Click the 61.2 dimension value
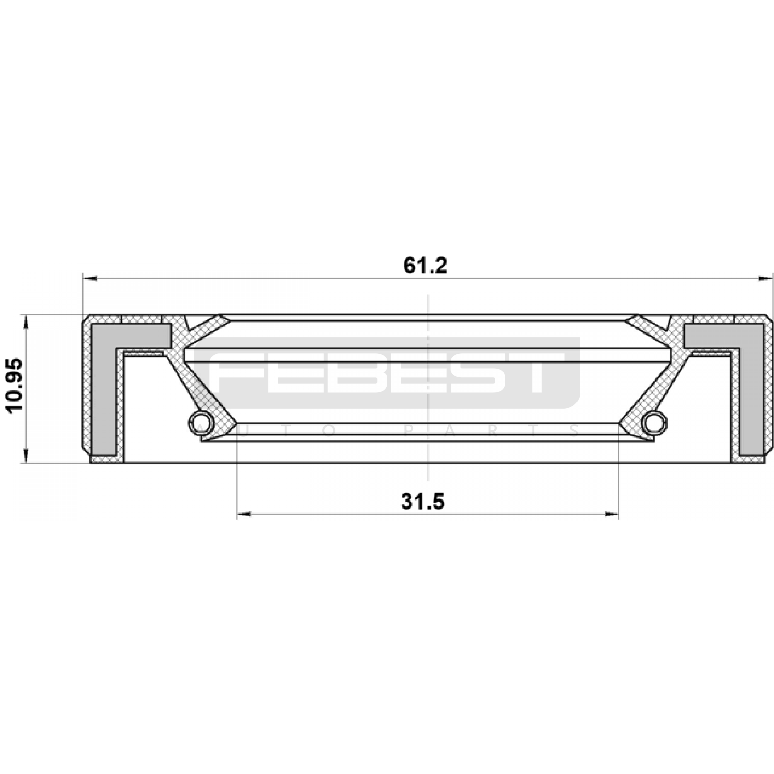425,266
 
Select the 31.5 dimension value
422,502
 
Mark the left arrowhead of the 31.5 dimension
244,515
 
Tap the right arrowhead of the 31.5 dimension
611,515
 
